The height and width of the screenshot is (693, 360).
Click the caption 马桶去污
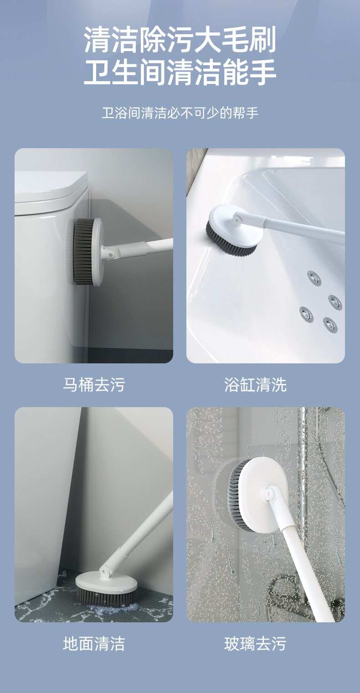point(93,385)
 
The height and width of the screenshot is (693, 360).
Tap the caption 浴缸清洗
point(255,385)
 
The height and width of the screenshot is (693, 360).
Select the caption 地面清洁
point(93,644)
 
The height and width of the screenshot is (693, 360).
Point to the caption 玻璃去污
point(255,644)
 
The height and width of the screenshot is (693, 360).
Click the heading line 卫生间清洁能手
point(180,73)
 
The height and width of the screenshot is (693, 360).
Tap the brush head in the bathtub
point(233,230)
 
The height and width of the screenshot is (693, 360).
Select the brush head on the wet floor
point(106,588)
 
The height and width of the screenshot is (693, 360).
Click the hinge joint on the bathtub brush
point(236,218)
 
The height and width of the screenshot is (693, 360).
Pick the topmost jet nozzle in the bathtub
point(314,278)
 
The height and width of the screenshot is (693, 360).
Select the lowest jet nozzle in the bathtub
point(330,324)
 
